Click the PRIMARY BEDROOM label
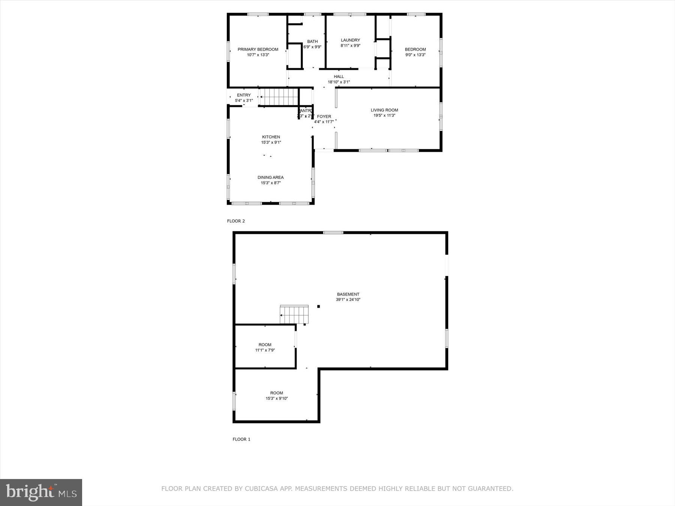click(x=258, y=49)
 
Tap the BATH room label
click(x=312, y=42)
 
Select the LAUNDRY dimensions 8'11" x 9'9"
click(x=350, y=46)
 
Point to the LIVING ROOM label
click(x=384, y=110)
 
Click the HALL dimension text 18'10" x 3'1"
click(x=339, y=82)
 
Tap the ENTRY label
click(x=244, y=95)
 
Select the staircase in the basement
click(x=294, y=314)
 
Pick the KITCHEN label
click(x=271, y=137)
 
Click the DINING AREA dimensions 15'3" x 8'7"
click(x=271, y=183)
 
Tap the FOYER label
click(x=324, y=117)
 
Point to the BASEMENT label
click(x=348, y=294)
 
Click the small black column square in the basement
click(x=318, y=307)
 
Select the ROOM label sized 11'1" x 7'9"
click(x=265, y=345)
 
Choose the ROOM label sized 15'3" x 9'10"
click(x=276, y=393)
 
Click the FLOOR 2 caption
click(x=236, y=221)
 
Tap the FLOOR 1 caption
click(x=241, y=439)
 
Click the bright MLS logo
click(x=41, y=492)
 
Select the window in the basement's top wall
click(x=333, y=233)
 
